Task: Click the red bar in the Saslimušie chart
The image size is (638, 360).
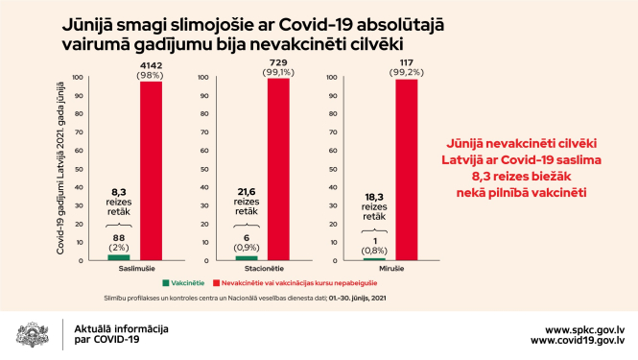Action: coord(152,171)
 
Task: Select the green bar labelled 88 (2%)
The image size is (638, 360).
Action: coord(118,257)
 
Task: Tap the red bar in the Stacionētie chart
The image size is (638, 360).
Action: coord(278,169)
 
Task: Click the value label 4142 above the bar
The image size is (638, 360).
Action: coord(152,62)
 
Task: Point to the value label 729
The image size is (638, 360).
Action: coord(278,60)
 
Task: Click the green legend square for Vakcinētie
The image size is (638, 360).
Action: coord(166,283)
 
